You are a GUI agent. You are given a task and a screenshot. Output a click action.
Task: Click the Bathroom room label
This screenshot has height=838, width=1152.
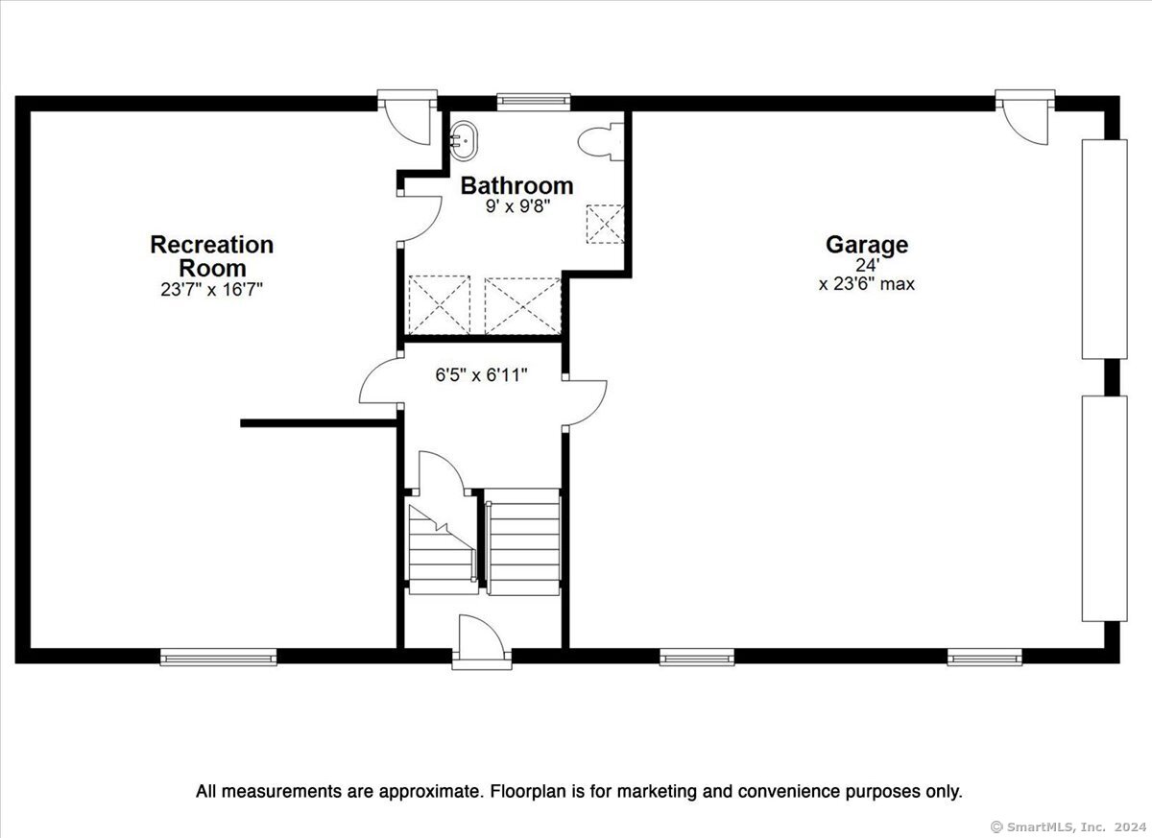point(516,185)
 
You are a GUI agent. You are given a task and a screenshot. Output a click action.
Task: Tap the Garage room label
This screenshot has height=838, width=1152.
point(867,245)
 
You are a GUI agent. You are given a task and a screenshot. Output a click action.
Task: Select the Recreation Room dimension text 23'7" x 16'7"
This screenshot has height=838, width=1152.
point(212,290)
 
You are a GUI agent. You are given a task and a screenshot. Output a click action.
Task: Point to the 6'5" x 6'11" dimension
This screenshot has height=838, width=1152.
point(481,375)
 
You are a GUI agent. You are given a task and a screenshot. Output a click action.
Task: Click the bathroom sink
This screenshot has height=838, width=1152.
point(464,141)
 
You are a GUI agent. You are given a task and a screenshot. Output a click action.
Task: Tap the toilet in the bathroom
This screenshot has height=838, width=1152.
point(601,142)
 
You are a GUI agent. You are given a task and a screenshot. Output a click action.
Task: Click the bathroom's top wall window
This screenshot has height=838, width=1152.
point(534,102)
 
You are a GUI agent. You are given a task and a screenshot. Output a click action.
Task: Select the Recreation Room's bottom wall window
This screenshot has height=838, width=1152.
point(219,657)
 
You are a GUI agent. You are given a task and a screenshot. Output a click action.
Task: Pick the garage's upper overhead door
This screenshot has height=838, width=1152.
point(1105,250)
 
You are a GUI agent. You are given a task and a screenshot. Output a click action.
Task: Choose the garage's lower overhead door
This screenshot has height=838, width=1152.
point(1105,509)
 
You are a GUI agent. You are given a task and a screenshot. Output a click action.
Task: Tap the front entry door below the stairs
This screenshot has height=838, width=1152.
point(482,642)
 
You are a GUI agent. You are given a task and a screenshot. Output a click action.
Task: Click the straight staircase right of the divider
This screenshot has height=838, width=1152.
point(522,542)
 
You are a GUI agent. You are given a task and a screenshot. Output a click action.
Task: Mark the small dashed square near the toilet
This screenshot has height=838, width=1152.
point(606,225)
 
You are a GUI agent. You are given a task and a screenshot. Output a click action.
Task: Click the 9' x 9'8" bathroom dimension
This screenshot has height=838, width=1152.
point(517,207)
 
